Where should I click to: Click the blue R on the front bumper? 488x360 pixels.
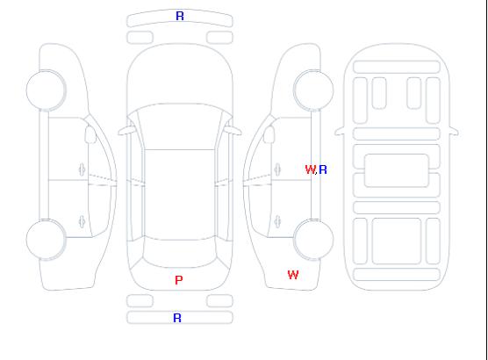click(x=180, y=16)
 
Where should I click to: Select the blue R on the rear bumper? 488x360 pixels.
click(x=177, y=318)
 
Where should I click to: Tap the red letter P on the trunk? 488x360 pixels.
click(x=179, y=280)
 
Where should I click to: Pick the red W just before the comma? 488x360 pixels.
click(x=311, y=169)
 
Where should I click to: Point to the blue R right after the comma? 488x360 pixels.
click(x=323, y=169)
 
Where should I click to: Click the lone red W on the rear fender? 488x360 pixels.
click(x=293, y=275)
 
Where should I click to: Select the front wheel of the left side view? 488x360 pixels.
click(x=46, y=90)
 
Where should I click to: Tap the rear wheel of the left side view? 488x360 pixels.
click(x=46, y=240)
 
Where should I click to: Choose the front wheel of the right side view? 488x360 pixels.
click(x=313, y=90)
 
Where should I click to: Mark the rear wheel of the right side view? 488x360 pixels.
click(x=313, y=240)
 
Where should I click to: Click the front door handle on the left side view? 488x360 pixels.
click(x=83, y=169)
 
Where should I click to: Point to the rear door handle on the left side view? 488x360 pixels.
click(x=83, y=221)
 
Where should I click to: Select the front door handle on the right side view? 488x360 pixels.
click(x=277, y=169)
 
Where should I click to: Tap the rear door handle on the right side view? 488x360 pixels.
click(x=277, y=221)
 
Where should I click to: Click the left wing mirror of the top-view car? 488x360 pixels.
click(x=126, y=131)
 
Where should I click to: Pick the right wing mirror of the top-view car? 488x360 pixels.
click(x=233, y=131)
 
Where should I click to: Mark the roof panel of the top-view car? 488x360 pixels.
click(x=180, y=195)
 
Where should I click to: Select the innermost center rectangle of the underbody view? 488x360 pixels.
click(x=397, y=170)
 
